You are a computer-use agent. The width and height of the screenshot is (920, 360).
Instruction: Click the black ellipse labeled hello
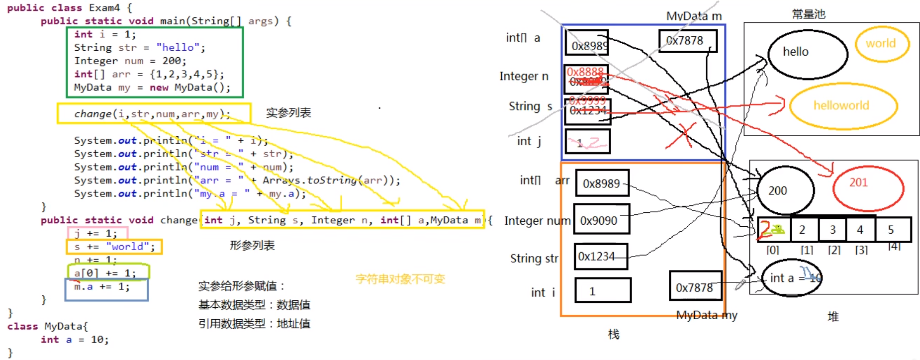tap(807, 54)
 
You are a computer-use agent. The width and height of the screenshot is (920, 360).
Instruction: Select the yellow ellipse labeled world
tap(882, 44)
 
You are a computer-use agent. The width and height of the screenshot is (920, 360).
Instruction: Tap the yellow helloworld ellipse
tap(842, 105)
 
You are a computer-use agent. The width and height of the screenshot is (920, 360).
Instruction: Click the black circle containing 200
tap(785, 190)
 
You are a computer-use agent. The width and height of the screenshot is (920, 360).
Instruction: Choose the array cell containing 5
tap(892, 230)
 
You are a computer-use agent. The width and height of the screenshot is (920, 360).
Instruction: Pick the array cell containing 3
tap(833, 230)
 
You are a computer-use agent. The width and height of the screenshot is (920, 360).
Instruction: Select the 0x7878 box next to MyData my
tap(695, 286)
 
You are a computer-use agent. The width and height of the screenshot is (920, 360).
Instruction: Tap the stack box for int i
tap(602, 290)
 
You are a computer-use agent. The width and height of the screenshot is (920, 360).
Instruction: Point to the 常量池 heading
tap(809, 14)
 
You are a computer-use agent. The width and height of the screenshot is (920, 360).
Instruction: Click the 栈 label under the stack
tap(614, 334)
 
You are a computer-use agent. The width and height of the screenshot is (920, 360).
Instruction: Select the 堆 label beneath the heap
tap(833, 317)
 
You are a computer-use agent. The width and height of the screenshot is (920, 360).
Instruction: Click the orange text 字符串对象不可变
tap(400, 279)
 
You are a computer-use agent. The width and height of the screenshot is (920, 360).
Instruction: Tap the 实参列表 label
tap(288, 113)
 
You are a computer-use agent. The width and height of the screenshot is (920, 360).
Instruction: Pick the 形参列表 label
tap(252, 245)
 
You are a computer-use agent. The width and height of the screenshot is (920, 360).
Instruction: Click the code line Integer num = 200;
tap(130, 61)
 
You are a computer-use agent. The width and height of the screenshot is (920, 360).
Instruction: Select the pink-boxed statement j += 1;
tap(95, 233)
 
